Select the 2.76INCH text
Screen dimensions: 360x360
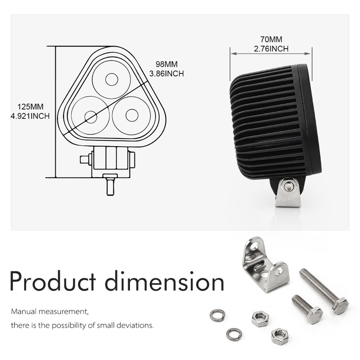coord(271,49)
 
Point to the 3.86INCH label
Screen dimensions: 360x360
coord(166,74)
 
